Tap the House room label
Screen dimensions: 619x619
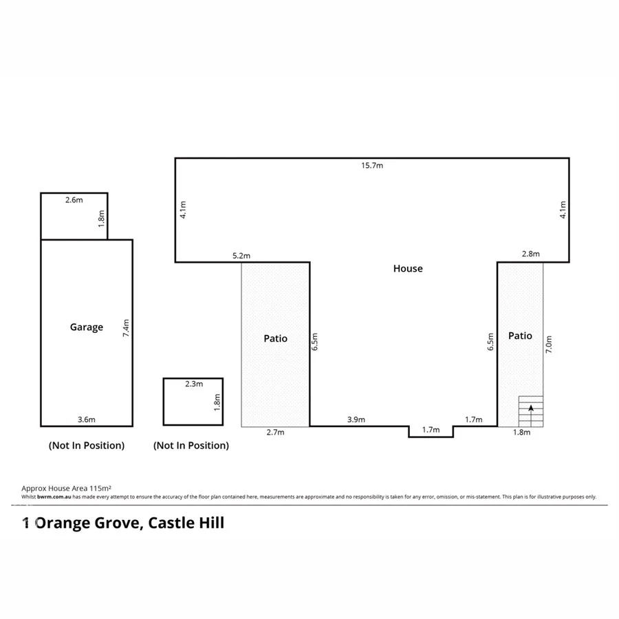tap(408, 269)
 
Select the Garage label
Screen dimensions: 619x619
tap(87, 327)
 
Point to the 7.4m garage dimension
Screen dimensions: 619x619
tap(126, 327)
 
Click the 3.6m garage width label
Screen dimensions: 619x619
tap(87, 420)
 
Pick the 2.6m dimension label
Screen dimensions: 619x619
tap(74, 200)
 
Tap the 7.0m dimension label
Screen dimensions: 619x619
tap(548, 344)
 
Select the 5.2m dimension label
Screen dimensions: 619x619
tap(241, 256)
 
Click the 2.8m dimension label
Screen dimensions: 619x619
tap(531, 254)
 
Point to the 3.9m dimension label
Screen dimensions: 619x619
tap(356, 420)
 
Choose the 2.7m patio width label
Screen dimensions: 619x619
tap(274, 433)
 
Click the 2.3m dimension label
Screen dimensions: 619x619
tap(194, 384)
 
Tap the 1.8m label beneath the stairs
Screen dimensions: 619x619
tap(523, 433)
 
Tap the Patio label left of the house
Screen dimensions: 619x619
tap(275, 338)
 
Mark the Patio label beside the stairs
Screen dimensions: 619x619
tap(520, 336)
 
